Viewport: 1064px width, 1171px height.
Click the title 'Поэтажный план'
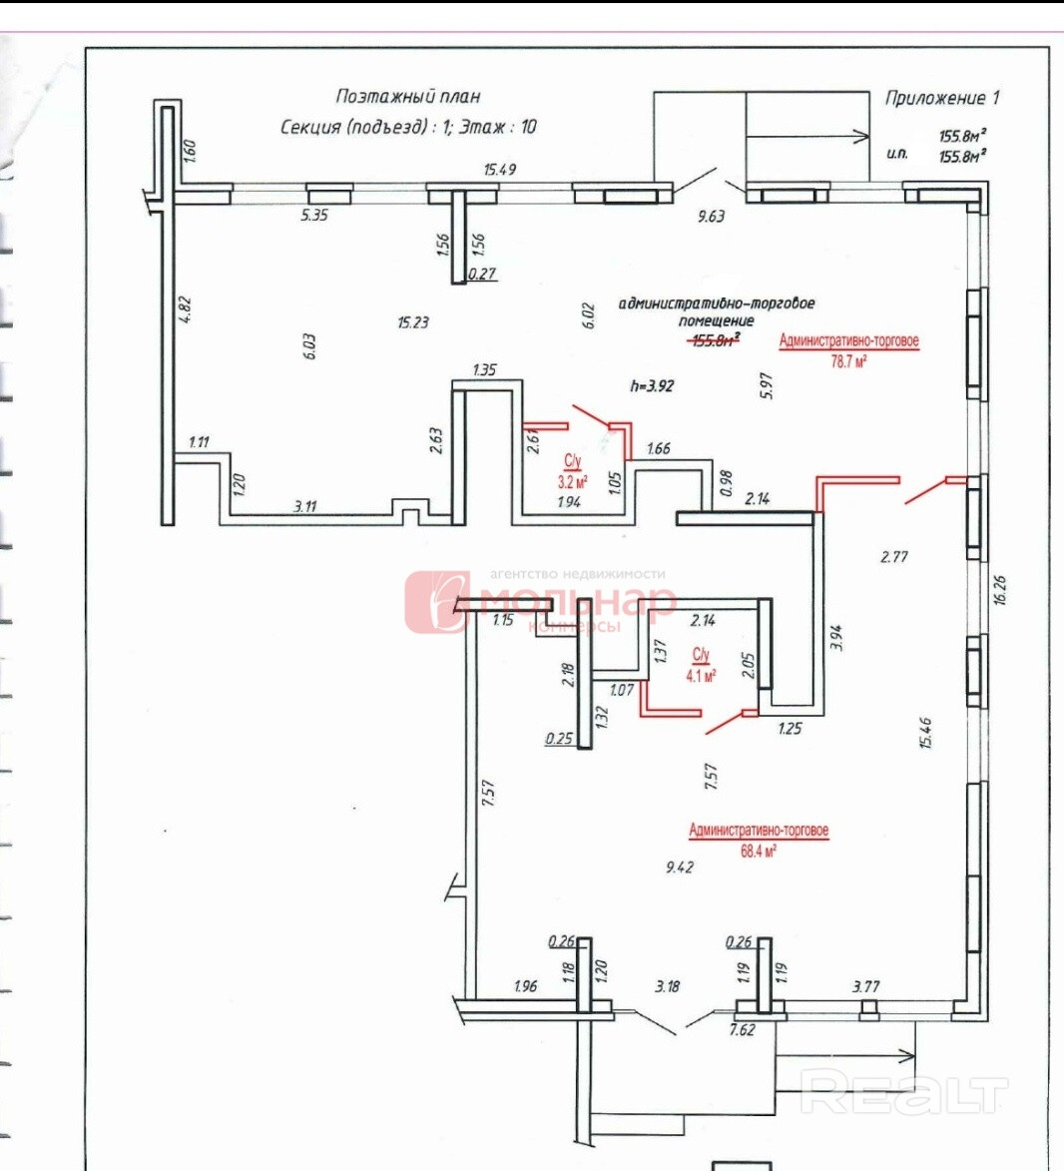pos(407,97)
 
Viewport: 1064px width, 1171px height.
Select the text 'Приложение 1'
pos(941,98)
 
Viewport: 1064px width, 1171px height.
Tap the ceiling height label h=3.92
pos(652,385)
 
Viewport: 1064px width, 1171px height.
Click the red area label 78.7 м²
pos(848,361)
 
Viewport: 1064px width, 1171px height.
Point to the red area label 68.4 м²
pos(759,851)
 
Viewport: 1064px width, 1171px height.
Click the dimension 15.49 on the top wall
pos(499,169)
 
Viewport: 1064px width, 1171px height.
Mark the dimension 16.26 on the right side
pos(1000,589)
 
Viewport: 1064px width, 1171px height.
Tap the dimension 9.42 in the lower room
pos(679,867)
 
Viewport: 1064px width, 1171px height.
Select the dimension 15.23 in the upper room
pos(412,321)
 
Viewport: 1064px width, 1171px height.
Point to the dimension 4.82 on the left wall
pos(184,308)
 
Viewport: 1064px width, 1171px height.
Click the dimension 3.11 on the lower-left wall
pos(304,506)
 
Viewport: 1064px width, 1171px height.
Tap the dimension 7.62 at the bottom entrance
pos(742,1029)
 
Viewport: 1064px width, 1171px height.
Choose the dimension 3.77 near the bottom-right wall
pos(865,986)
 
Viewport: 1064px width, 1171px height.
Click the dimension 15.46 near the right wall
pos(925,732)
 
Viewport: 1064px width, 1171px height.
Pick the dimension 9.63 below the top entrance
pos(711,216)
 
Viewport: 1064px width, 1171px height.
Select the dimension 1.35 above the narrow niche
pos(484,369)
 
